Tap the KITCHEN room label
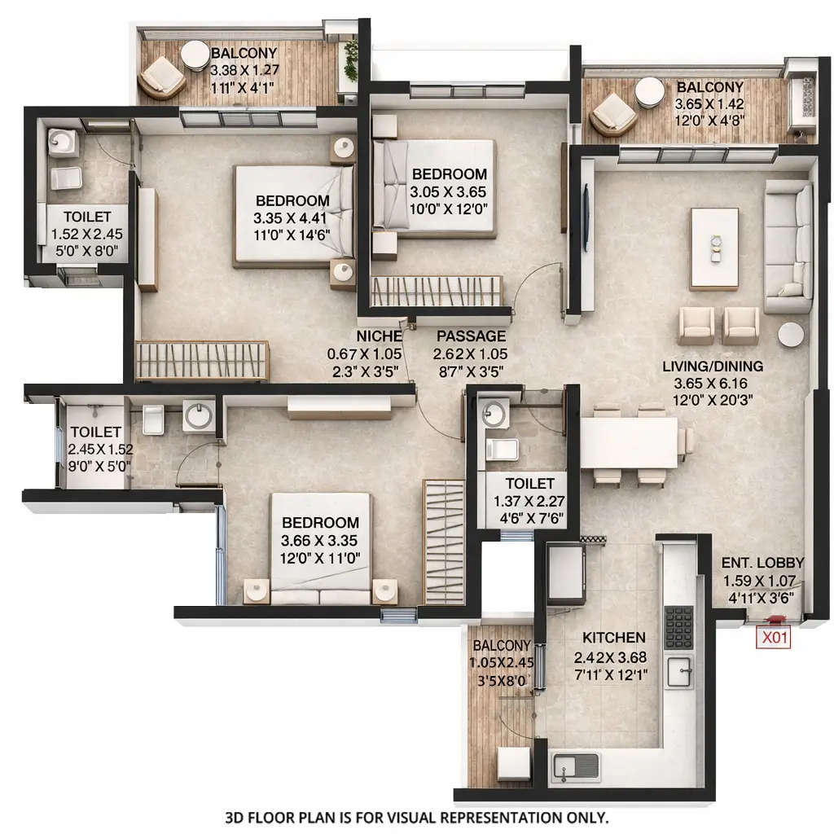pos(609,637)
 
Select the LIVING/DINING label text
pos(712,366)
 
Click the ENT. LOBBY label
pos(762,563)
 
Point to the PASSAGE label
pos(471,336)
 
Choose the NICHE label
pos(379,336)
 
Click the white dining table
pos(629,442)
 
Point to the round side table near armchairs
pos(790,335)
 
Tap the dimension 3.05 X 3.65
pos(449,192)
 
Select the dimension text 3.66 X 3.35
pos(320,540)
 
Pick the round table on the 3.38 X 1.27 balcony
pos(195,56)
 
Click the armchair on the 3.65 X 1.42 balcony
pos(612,113)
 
